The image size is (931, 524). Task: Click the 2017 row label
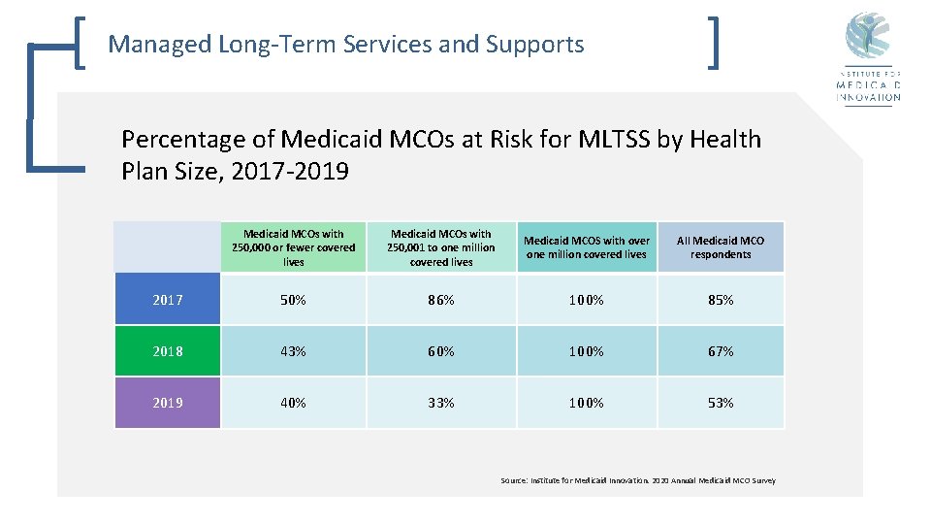point(167,300)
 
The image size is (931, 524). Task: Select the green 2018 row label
point(167,351)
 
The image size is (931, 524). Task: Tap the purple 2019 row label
point(167,403)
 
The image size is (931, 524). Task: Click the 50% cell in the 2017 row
point(293,300)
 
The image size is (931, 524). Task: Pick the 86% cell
point(440,300)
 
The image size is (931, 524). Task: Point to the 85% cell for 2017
point(721,300)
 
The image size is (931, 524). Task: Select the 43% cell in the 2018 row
point(293,351)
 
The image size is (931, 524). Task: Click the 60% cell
point(440,351)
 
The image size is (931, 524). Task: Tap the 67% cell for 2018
point(721,351)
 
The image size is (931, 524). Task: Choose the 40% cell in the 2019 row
point(293,403)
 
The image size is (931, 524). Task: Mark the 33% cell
point(440,403)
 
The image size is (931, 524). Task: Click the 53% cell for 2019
point(721,403)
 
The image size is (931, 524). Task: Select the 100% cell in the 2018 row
point(587,351)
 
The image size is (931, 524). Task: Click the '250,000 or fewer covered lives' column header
point(293,247)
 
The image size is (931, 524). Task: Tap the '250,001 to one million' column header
point(440,247)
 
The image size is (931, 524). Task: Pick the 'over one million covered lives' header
point(587,247)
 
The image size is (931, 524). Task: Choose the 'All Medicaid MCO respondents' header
point(721,247)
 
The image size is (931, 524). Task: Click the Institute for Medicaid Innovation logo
point(868,58)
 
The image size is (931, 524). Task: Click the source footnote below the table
point(637,480)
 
